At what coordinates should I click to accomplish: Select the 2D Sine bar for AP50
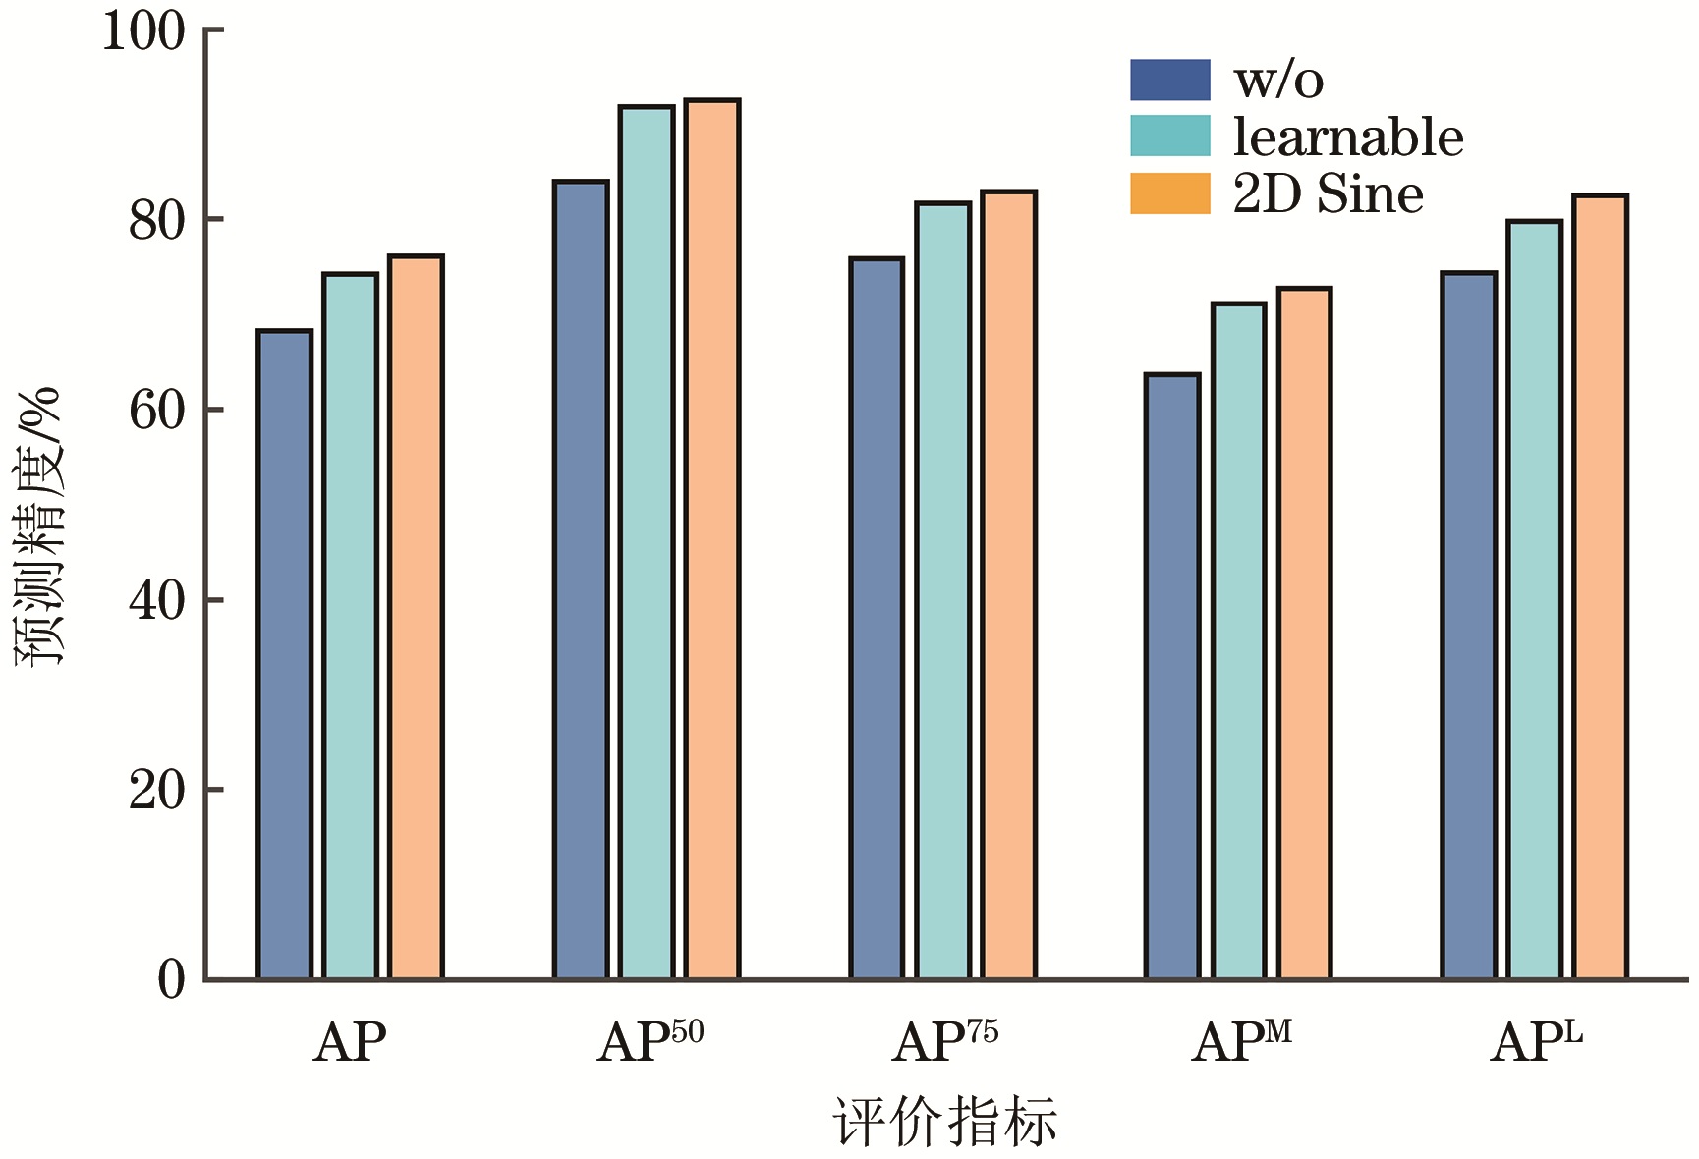pyautogui.click(x=712, y=539)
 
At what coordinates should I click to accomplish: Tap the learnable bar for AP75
pyautogui.click(x=943, y=590)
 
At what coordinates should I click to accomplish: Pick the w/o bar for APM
pyautogui.click(x=1172, y=677)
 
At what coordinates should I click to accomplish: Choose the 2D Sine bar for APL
pyautogui.click(x=1601, y=587)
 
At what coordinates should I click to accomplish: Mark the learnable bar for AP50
pyautogui.click(x=647, y=542)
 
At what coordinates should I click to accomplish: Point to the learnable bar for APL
pyautogui.click(x=1535, y=600)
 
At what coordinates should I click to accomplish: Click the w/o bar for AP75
pyautogui.click(x=877, y=619)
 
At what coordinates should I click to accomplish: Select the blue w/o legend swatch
pyautogui.click(x=1169, y=80)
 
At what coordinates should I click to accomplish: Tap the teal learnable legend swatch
pyautogui.click(x=1169, y=136)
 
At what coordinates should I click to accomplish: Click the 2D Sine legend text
pyautogui.click(x=1328, y=193)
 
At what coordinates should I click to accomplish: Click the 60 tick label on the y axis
pyautogui.click(x=157, y=411)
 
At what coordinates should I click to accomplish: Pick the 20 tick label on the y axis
pyautogui.click(x=157, y=790)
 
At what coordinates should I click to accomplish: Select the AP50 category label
pyautogui.click(x=651, y=1042)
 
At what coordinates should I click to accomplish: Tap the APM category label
pyautogui.click(x=1241, y=1042)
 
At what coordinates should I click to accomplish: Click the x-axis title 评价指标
pyautogui.click(x=944, y=1122)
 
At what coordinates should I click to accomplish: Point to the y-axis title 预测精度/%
pyautogui.click(x=39, y=526)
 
